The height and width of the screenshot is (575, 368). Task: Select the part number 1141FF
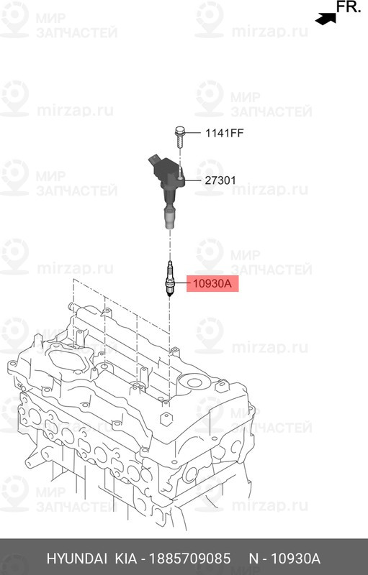[x=225, y=133]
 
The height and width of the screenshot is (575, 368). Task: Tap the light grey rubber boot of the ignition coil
[x=168, y=218]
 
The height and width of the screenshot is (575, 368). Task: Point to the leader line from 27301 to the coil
[x=194, y=181]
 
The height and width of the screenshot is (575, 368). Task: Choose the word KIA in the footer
[x=127, y=559]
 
